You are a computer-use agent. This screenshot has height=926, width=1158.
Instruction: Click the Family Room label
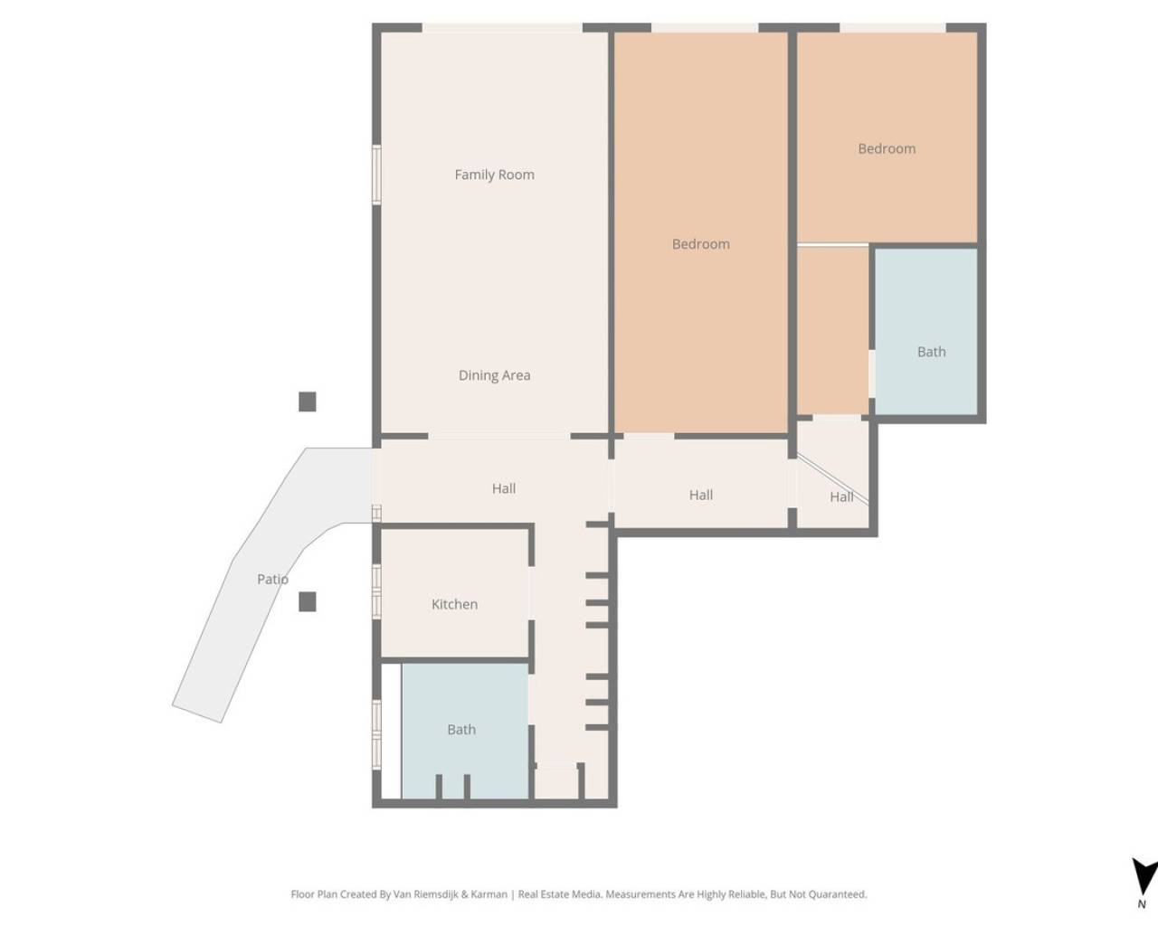point(494,175)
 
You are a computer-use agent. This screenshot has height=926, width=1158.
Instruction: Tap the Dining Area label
point(494,375)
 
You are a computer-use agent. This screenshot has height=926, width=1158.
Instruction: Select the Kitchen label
point(454,604)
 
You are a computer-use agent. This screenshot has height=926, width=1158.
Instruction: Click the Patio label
point(272,579)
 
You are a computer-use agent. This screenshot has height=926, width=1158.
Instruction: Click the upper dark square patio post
point(308,402)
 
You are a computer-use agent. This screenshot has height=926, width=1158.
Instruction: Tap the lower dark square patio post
point(308,601)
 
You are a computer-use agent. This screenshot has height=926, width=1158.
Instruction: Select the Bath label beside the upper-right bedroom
point(931,352)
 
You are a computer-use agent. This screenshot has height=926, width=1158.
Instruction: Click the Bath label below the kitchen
point(461,729)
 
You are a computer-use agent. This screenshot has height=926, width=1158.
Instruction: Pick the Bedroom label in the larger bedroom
point(700,244)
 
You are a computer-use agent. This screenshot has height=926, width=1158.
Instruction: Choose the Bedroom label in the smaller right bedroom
point(887,148)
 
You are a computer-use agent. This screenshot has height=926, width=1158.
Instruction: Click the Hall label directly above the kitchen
point(504,488)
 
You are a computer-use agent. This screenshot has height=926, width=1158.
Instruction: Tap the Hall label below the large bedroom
point(700,495)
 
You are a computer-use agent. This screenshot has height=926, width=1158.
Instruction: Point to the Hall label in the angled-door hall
point(841,496)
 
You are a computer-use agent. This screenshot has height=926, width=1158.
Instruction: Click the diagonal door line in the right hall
point(832,479)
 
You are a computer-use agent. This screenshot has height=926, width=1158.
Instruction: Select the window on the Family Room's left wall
point(377,175)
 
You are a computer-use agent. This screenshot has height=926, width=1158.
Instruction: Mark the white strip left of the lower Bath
point(391,731)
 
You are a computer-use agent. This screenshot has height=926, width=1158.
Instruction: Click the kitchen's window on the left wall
point(377,591)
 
